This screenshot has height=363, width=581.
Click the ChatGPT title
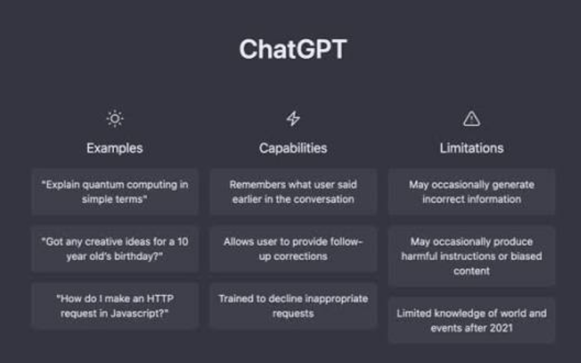point(292,50)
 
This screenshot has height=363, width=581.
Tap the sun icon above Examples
point(115,119)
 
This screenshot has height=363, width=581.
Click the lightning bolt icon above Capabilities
point(293,119)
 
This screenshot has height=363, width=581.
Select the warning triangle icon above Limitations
point(471,119)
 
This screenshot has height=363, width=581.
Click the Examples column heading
point(115,148)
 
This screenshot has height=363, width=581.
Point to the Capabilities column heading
point(293,148)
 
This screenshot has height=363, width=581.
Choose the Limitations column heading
point(471,148)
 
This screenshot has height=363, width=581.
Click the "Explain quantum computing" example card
point(115,192)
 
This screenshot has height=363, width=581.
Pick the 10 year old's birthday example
point(115,249)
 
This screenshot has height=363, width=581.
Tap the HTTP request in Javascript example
point(115,306)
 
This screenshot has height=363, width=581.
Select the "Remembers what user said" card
point(293,192)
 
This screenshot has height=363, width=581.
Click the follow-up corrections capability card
point(293,249)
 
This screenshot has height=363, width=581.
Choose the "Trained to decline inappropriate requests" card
point(293,306)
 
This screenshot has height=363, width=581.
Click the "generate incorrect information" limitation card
point(471,192)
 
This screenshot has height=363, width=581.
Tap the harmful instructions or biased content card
point(471,256)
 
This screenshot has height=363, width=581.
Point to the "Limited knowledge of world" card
point(471,320)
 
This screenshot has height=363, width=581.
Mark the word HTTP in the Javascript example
point(161,299)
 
